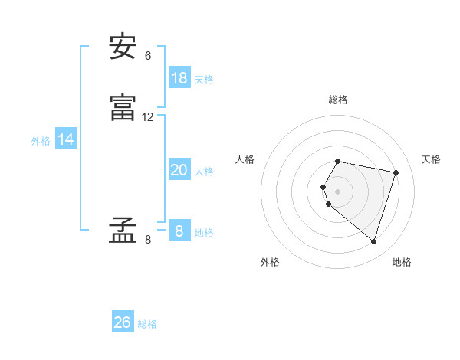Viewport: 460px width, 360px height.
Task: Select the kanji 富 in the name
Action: tap(123, 108)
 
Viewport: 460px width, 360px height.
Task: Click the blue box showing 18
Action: tap(179, 78)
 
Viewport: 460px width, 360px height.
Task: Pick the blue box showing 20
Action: tap(179, 170)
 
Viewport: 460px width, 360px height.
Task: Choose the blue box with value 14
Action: tap(66, 139)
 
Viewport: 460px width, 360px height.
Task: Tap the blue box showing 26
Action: tap(123, 322)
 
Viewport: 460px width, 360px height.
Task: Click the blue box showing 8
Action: tap(179, 231)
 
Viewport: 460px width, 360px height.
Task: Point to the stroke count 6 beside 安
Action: tap(148, 56)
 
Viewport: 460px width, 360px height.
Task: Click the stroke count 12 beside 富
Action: tap(148, 117)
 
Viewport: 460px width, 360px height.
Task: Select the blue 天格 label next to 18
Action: tap(204, 80)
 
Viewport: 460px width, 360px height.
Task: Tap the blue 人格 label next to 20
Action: tap(204, 172)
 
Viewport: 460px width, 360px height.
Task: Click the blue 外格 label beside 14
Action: tap(41, 141)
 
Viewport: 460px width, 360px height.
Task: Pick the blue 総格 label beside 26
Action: tap(147, 324)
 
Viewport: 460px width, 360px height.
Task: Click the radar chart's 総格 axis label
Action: tap(338, 100)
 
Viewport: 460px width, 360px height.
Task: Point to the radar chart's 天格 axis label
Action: tap(432, 159)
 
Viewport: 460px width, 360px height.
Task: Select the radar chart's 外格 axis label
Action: tap(270, 262)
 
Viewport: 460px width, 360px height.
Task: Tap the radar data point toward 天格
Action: tap(396, 172)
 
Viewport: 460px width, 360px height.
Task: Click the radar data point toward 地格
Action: tap(373, 241)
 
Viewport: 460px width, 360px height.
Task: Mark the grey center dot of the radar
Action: tap(338, 191)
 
